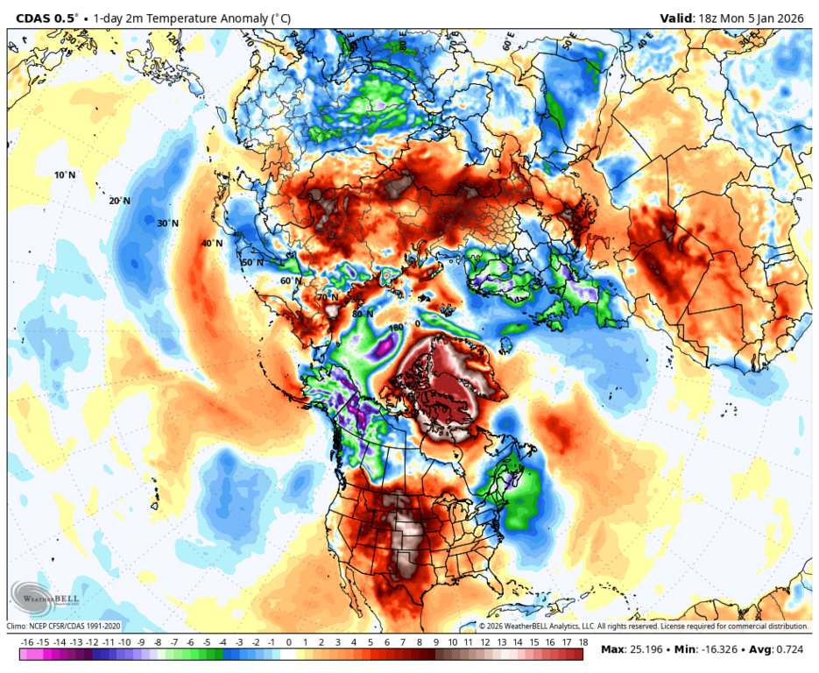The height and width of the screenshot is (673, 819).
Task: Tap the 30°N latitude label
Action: click(167, 223)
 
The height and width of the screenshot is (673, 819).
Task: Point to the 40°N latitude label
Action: click(212, 244)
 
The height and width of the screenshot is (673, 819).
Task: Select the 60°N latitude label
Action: click(291, 281)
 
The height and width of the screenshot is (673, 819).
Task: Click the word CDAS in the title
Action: click(32, 18)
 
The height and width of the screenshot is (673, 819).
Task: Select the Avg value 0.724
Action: click(791, 649)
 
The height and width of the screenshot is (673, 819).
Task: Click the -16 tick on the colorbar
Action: click(27, 642)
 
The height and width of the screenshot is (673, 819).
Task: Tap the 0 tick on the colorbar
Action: click(289, 642)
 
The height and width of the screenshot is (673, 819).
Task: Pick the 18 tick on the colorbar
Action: click(582, 642)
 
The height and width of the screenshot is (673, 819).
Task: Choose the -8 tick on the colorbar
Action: click(158, 642)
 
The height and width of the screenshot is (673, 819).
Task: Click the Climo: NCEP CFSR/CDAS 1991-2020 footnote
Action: click(64, 627)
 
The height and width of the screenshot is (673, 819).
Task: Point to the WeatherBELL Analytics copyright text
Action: click(643, 627)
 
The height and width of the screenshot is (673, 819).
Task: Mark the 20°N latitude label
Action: click(119, 201)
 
